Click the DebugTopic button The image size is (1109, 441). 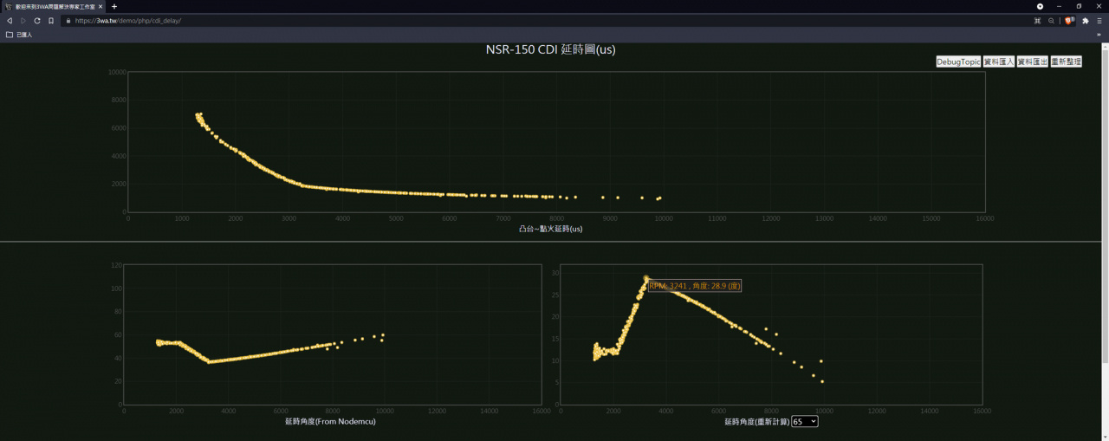(x=958, y=62)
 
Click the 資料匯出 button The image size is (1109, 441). (x=1032, y=62)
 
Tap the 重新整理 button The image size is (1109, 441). (x=1066, y=62)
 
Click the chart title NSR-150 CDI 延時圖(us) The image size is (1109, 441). (x=551, y=50)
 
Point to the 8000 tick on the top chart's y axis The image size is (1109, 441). (x=117, y=100)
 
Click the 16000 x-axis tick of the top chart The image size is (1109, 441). (x=984, y=218)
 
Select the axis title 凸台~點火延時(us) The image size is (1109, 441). (x=550, y=229)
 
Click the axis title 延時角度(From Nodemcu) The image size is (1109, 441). (x=330, y=422)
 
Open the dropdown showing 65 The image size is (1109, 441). (x=804, y=421)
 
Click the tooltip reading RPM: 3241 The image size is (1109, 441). (x=694, y=286)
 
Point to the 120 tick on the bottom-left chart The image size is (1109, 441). (x=116, y=265)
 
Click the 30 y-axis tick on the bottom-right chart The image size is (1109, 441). (x=555, y=273)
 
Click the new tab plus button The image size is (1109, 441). (x=114, y=6)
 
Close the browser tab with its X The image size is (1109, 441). (x=101, y=6)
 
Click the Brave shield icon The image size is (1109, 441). (x=1069, y=20)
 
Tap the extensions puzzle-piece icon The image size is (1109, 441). (x=1085, y=20)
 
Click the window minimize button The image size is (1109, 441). (x=1059, y=6)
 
